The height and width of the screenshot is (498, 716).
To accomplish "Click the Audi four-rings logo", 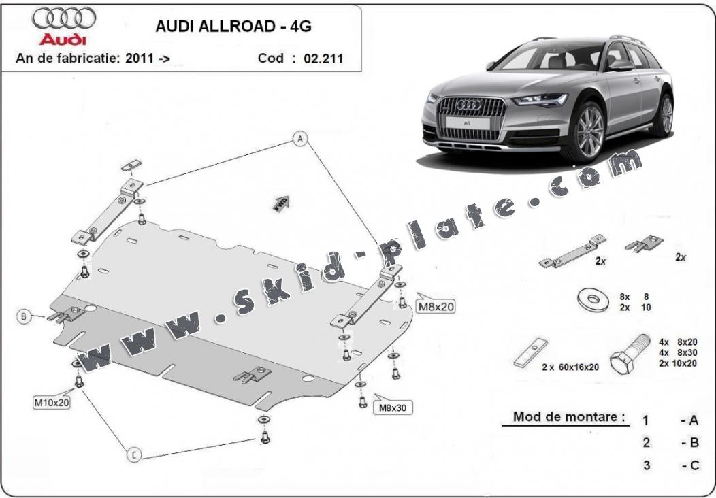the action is [x=64, y=18].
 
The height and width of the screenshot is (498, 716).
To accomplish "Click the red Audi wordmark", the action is [x=63, y=39].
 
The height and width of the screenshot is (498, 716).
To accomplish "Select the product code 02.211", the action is [x=323, y=59].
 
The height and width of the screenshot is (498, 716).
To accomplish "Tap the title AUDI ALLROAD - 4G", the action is [x=233, y=27].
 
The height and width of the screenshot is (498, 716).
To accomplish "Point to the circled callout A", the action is [x=300, y=139].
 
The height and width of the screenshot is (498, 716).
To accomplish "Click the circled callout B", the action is [x=24, y=316].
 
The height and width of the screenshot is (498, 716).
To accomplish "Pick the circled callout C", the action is [x=134, y=454].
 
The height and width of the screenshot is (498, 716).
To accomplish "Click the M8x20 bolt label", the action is [x=436, y=306].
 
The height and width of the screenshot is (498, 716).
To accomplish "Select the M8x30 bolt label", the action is [x=393, y=407].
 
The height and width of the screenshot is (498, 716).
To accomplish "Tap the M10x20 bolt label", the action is [x=52, y=402].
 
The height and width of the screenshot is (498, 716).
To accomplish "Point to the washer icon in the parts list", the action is [x=593, y=300].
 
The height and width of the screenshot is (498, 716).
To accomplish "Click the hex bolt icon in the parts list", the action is [x=630, y=354].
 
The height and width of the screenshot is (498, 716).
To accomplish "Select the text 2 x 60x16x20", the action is [x=570, y=367].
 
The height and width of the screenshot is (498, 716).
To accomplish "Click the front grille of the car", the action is [x=471, y=118].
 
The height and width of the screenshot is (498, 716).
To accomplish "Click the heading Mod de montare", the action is [x=569, y=416].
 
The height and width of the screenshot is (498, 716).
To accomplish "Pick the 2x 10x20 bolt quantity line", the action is [x=678, y=363].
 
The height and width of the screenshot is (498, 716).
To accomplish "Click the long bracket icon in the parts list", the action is [x=572, y=251].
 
